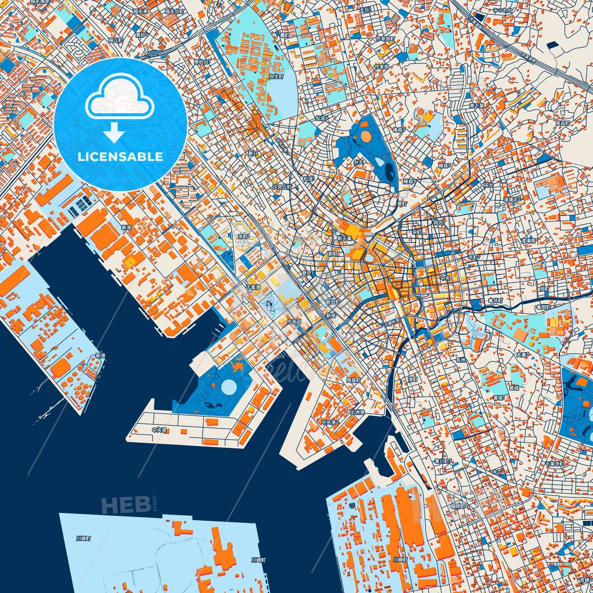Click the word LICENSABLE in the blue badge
[120, 157]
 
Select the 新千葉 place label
[344, 238]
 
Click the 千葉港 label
[253, 287]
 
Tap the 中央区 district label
[294, 322]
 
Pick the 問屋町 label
[353, 380]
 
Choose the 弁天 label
[359, 163]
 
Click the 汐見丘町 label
[282, 187]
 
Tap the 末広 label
[497, 472]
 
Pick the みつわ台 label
[503, 10]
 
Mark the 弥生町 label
[276, 76]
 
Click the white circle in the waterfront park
[229, 386]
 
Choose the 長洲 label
[460, 360]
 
